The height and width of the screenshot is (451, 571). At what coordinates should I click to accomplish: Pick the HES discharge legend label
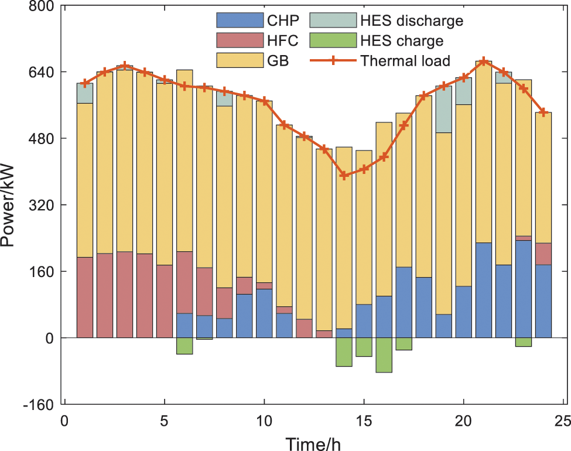[x=412, y=22]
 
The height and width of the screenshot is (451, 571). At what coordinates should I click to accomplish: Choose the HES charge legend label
[x=402, y=41]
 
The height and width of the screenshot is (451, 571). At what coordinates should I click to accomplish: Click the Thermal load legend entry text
[x=406, y=60]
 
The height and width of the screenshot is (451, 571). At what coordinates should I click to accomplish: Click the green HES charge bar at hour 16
[x=384, y=355]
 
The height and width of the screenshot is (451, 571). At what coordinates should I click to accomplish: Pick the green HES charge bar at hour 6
[x=184, y=346]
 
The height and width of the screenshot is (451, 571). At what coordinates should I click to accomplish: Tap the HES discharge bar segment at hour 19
[x=443, y=109]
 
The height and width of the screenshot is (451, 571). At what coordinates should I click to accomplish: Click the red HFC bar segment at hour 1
[x=85, y=298]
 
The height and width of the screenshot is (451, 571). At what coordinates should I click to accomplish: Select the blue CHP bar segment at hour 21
[x=483, y=290]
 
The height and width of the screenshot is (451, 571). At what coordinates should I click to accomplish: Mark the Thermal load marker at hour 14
[x=344, y=175]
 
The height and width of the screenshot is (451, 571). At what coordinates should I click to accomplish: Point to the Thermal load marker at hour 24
[x=543, y=112]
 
